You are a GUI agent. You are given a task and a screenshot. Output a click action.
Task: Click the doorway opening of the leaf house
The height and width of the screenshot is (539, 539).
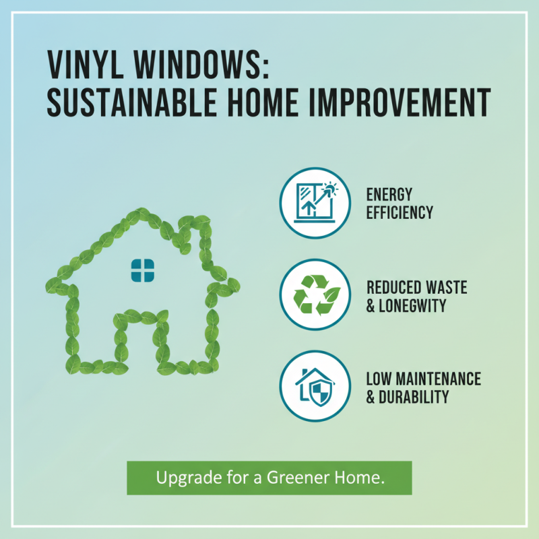[x=141, y=344]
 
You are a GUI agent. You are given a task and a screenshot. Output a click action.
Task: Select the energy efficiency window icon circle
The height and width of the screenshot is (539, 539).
[x=315, y=203]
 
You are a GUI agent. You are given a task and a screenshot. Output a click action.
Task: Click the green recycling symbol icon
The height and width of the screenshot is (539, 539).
[x=315, y=294]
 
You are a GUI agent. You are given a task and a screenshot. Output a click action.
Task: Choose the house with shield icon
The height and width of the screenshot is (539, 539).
[x=315, y=385]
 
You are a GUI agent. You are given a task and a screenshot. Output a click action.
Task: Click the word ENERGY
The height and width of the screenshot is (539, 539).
[x=389, y=195]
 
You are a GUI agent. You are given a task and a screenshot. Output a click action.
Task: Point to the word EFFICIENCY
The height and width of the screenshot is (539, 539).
[x=400, y=213]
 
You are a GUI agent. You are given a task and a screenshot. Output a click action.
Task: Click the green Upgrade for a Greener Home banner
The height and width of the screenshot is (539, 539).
[x=269, y=478]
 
